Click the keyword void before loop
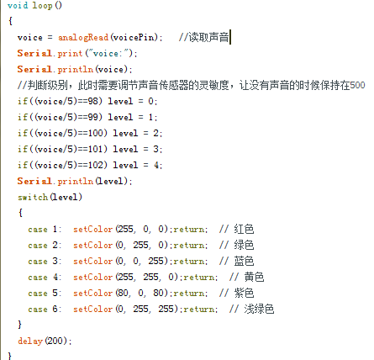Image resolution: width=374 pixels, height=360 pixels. tap(18, 5)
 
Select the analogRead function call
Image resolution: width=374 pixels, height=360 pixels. tap(83, 37)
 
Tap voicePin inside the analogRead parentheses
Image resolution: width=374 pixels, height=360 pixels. tap(134, 37)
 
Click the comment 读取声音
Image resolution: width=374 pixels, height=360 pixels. tap(208, 37)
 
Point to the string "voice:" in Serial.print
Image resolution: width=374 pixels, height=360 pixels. tap(108, 53)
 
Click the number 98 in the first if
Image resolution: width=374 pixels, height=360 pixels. tap(92, 101)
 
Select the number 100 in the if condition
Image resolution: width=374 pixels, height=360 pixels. tap(96, 133)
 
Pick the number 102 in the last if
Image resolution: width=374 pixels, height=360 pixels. tap(96, 165)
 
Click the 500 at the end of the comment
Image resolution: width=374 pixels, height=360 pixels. tap(357, 85)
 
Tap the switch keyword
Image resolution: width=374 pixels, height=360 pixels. tap(33, 197)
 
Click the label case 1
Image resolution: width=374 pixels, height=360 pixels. tap(43, 230)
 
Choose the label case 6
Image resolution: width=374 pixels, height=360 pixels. tap(43, 310)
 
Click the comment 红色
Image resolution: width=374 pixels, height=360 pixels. tap(244, 229)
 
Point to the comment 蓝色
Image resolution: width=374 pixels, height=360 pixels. tap(244, 261)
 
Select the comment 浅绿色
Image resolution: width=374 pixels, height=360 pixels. tap(259, 309)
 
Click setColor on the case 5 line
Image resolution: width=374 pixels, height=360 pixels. tap(93, 294)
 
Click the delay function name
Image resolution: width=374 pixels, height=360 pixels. tap(30, 341)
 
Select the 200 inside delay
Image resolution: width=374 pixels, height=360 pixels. tap(55, 341)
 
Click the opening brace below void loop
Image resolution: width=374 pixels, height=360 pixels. tap(10, 21)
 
